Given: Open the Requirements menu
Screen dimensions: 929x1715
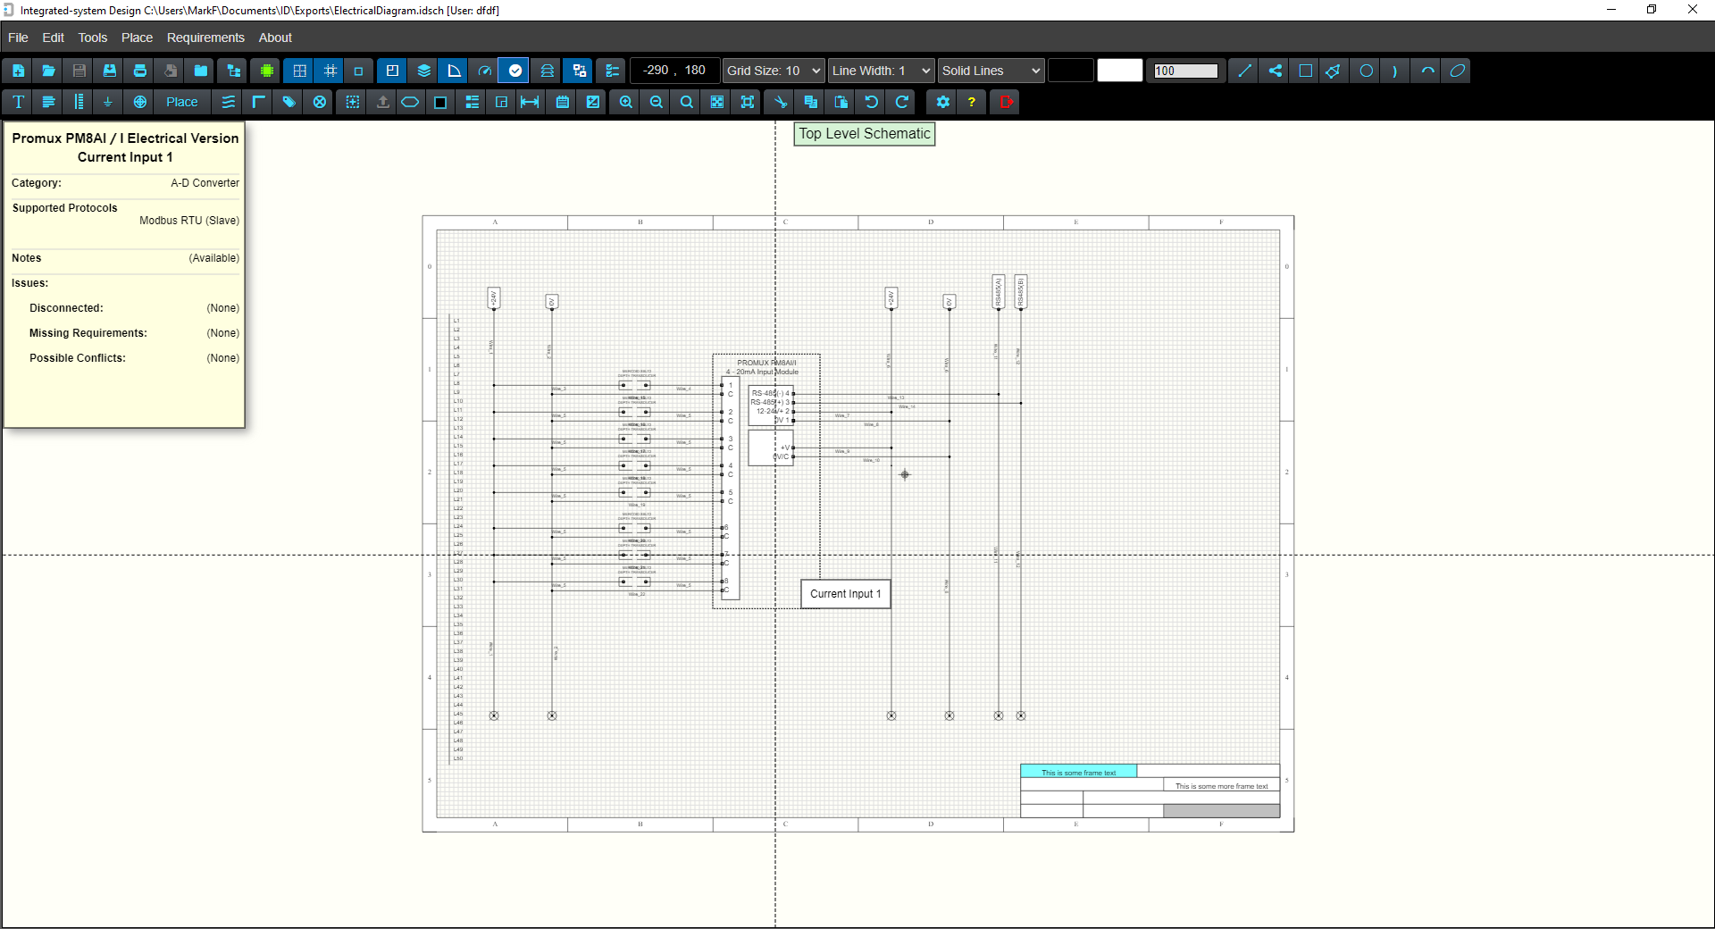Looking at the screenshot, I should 205,38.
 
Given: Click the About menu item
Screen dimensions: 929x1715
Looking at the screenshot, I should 275,38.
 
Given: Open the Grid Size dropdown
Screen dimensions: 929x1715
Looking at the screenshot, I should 774,71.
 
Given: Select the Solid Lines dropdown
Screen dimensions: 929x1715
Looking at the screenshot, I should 991,71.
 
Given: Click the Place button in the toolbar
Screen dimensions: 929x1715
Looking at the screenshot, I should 181,102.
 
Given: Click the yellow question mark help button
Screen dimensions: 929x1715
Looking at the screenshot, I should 972,102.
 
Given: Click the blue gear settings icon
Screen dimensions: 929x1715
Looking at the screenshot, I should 942,102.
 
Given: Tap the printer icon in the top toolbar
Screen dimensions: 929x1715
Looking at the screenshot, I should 140,71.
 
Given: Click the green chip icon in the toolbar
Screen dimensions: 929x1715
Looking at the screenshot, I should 266,71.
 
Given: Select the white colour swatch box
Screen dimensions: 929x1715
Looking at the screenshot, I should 1119,71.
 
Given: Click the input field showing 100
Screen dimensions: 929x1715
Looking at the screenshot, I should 1185,71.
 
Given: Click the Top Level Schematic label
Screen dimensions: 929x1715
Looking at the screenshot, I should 864,134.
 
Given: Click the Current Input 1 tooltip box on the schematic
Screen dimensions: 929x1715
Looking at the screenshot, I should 845,594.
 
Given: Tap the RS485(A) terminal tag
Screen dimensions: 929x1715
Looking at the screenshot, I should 999,291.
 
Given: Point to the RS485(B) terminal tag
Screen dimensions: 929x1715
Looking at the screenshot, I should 1021,291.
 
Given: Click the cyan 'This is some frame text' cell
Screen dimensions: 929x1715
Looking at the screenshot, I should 1078,772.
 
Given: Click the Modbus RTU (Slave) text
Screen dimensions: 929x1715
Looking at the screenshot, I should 188,221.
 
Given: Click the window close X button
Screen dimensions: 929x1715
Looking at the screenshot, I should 1692,10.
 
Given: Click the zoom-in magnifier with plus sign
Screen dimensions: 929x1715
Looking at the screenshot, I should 626,102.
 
